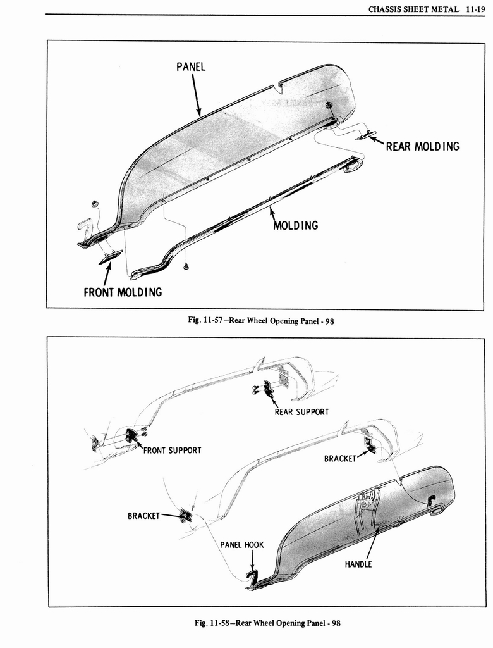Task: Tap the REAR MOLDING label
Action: point(422,147)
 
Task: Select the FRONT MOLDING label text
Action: point(123,292)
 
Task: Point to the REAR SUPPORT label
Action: point(301,412)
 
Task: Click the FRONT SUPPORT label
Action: point(172,451)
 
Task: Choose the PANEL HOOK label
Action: point(241,545)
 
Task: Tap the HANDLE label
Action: point(358,564)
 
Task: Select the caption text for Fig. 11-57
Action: point(260,321)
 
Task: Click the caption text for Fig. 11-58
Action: point(267,623)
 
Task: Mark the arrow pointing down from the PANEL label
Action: point(195,95)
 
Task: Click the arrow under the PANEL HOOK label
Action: point(252,560)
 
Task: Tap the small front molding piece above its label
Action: point(110,255)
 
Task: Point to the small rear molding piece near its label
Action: point(366,134)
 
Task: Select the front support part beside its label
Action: point(133,435)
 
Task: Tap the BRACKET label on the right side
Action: point(340,458)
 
